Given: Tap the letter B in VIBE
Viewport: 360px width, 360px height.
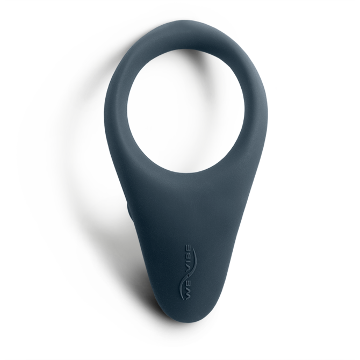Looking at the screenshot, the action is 188,256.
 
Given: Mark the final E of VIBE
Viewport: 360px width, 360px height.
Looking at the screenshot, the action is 188,248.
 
